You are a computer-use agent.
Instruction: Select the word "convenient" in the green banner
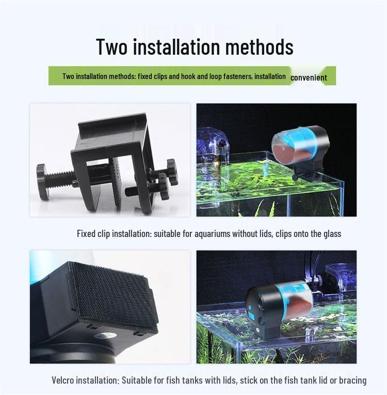[309, 78]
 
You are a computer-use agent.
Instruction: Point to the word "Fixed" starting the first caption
[86, 234]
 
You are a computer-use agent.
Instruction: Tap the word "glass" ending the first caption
[331, 234]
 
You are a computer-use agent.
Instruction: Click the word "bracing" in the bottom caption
[350, 381]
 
